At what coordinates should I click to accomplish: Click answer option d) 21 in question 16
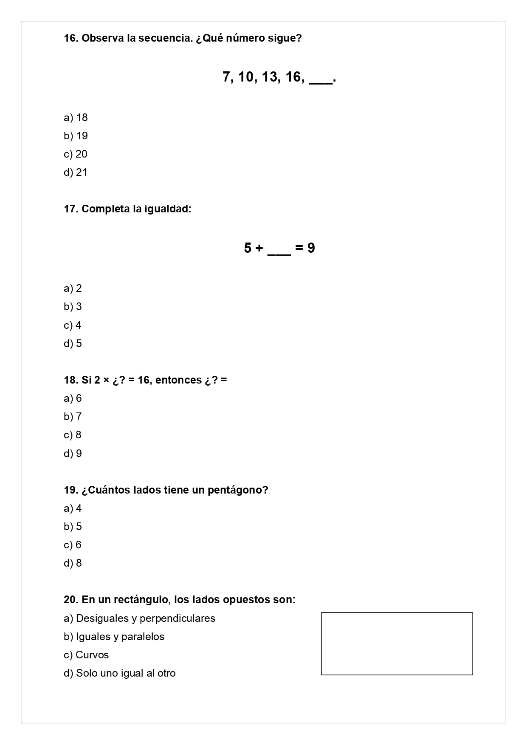pyautogui.click(x=76, y=172)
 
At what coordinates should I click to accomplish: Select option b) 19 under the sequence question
pyautogui.click(x=76, y=136)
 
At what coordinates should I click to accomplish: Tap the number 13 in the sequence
pyautogui.click(x=270, y=77)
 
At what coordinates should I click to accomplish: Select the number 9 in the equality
pyautogui.click(x=311, y=248)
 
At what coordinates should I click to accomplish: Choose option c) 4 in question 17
pyautogui.click(x=73, y=325)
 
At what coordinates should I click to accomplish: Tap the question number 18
pyautogui.click(x=70, y=380)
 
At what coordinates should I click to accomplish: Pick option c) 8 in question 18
pyautogui.click(x=73, y=435)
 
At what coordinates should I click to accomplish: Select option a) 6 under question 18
pyautogui.click(x=73, y=398)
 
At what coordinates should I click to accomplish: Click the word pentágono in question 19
pyautogui.click(x=238, y=490)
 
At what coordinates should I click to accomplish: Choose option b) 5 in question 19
pyautogui.click(x=73, y=527)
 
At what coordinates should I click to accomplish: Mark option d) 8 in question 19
pyautogui.click(x=73, y=563)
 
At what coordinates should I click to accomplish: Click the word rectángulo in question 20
pyautogui.click(x=134, y=600)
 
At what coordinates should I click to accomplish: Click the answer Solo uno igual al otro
pyautogui.click(x=120, y=673)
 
